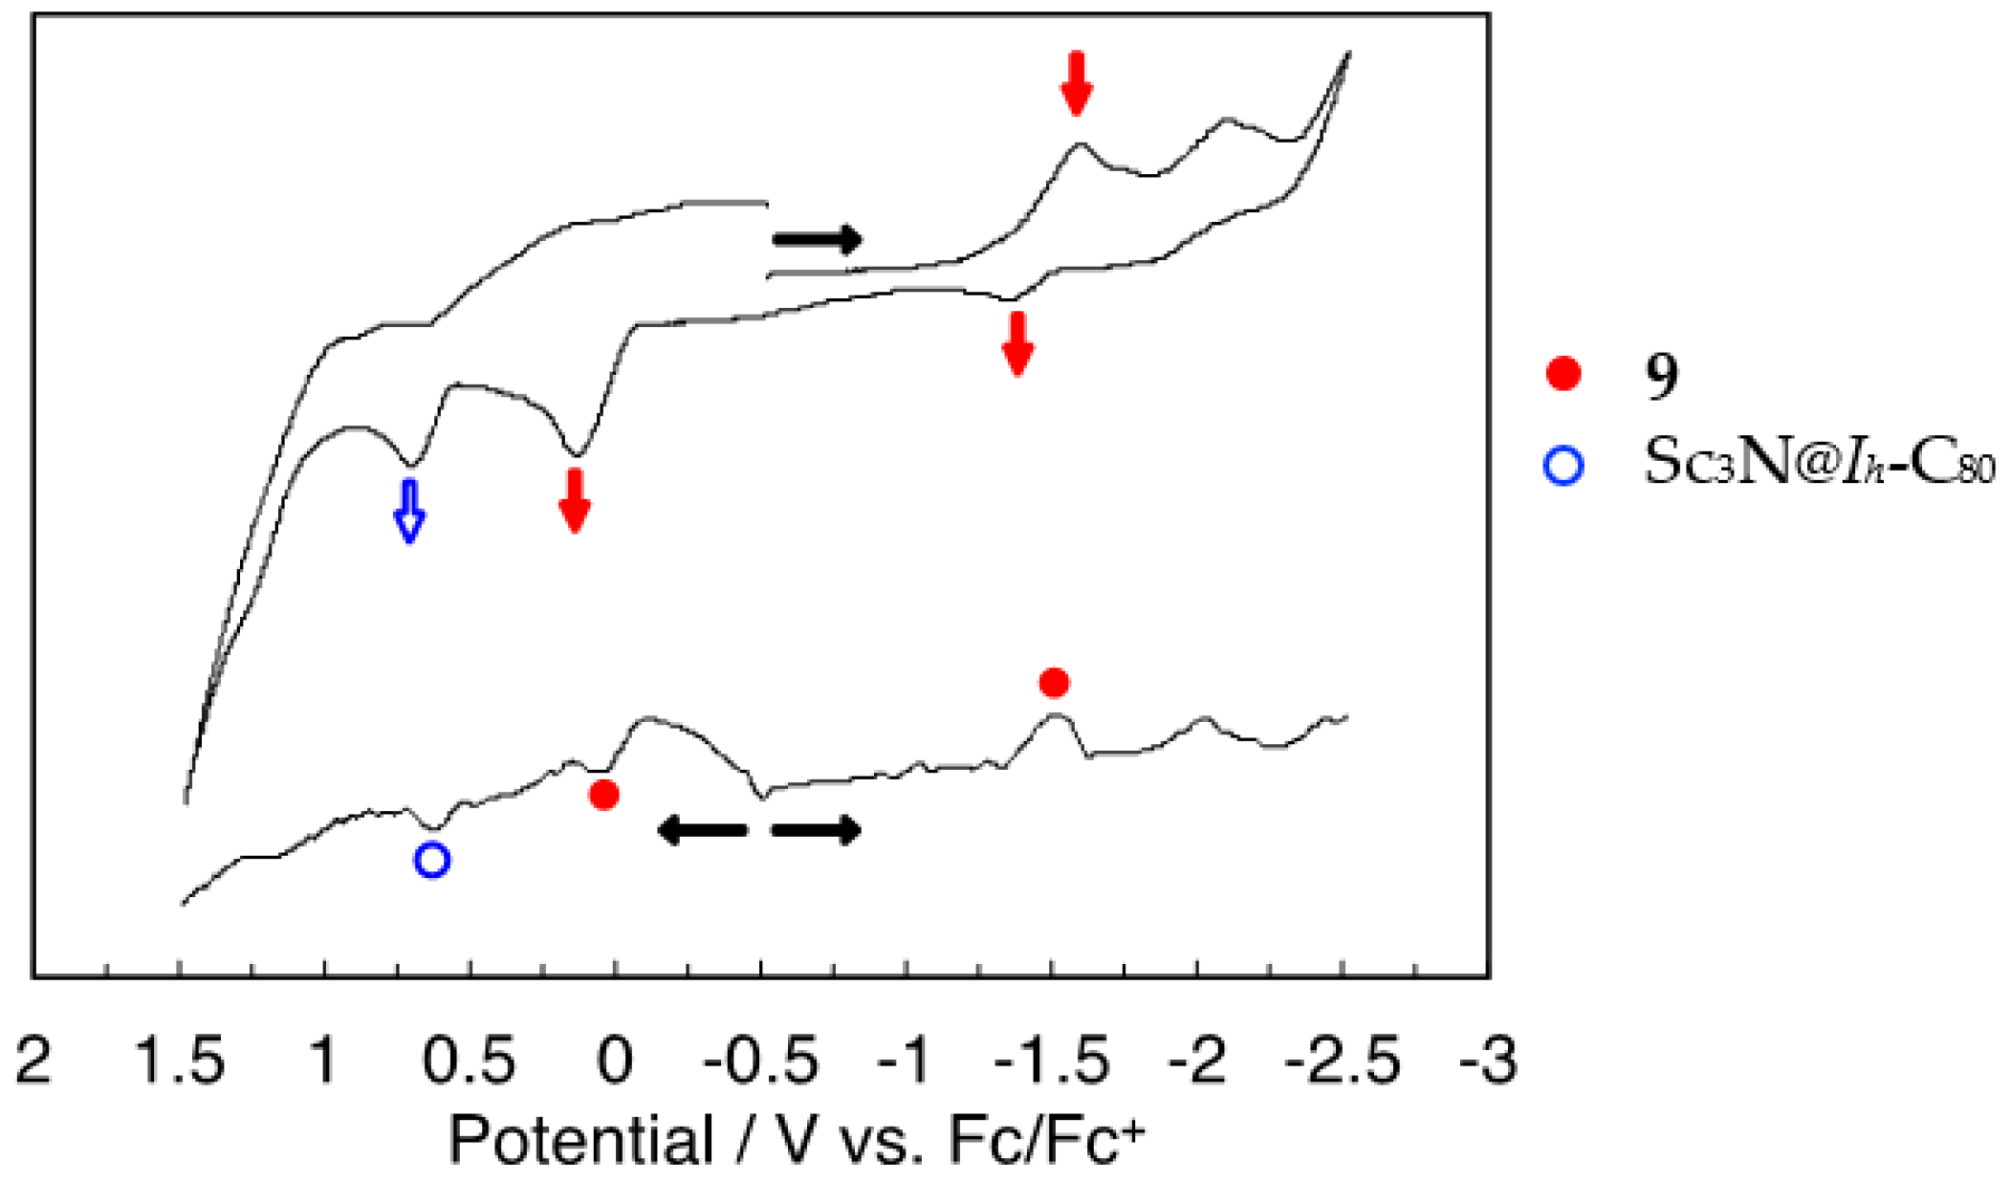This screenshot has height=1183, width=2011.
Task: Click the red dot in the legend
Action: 1563,373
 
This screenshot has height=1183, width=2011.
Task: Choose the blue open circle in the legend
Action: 1563,466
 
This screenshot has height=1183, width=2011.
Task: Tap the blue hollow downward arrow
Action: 409,512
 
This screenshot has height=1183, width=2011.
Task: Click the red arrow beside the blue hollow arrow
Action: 574,500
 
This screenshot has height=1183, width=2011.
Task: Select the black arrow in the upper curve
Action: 818,239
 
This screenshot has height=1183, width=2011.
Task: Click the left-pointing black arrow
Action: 703,829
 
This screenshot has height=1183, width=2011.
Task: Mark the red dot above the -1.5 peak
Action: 1054,683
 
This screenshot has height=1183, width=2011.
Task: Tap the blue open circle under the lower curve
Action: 432,860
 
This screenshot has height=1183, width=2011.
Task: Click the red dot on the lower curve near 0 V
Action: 603,794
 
